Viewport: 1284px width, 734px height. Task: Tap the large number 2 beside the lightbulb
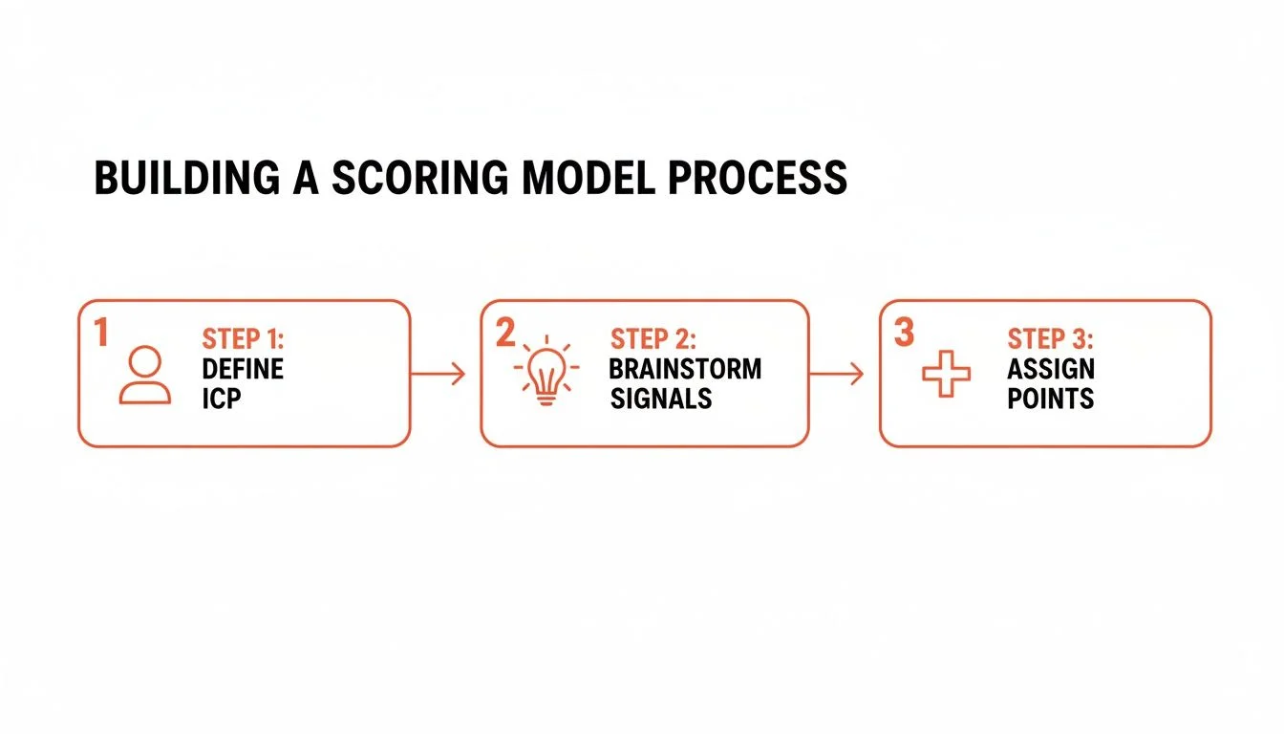click(505, 333)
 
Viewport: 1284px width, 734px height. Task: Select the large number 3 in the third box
click(904, 333)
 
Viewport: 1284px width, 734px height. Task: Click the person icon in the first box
click(145, 375)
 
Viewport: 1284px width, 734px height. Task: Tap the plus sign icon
click(946, 374)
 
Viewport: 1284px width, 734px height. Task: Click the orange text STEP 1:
click(243, 339)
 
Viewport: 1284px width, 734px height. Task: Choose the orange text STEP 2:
click(653, 339)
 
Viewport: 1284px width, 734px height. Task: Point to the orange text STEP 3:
click(1050, 339)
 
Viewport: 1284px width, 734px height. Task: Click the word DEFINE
click(243, 369)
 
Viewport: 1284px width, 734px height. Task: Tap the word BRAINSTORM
click(685, 369)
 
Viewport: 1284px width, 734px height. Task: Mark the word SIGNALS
click(661, 399)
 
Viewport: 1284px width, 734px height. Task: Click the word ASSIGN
click(1051, 369)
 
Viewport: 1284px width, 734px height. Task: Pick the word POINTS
click(1050, 399)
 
